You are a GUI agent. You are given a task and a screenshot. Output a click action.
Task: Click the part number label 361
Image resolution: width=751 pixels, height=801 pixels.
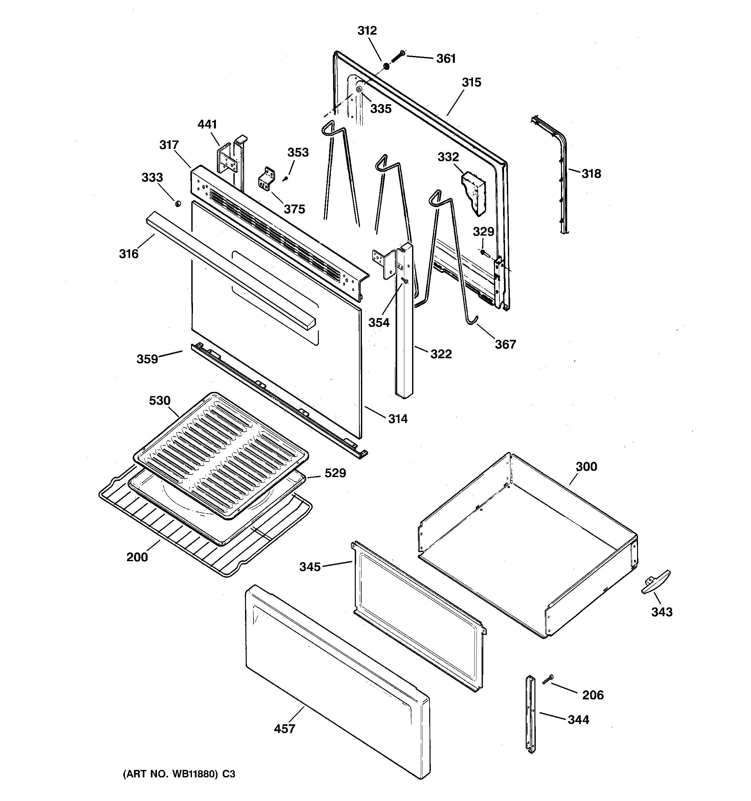[x=446, y=59]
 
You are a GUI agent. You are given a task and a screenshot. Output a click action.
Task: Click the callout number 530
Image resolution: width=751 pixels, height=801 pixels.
[x=160, y=401]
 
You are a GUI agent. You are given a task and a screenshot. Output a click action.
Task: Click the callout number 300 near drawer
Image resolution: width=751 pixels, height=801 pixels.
[x=586, y=467]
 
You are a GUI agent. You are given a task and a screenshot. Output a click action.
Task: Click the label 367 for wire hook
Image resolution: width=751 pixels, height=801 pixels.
[x=505, y=344]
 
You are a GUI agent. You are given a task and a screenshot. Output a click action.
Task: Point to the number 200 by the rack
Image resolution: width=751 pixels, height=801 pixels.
[x=137, y=557]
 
